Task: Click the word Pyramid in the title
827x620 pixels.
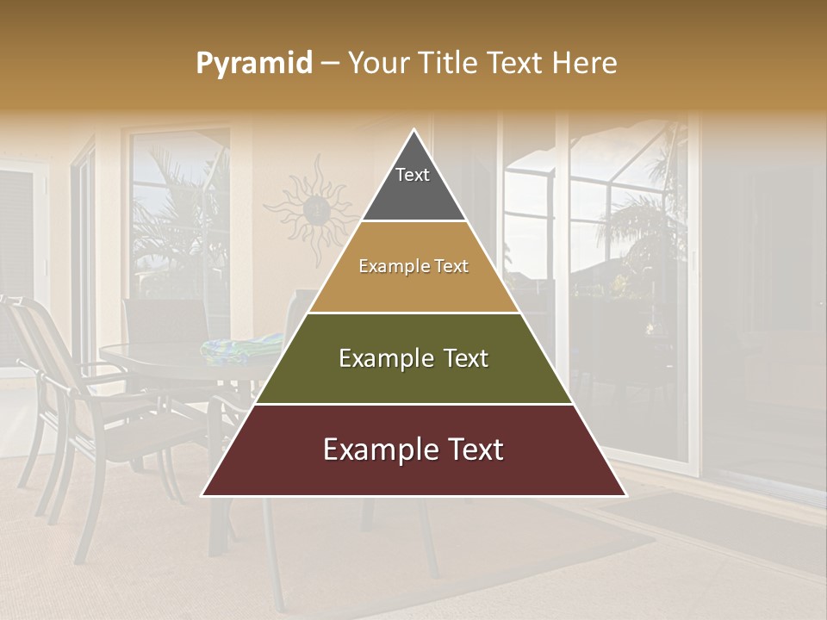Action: [x=254, y=64]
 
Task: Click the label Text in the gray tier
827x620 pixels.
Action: [x=413, y=175]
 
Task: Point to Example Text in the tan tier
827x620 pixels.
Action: [x=413, y=267]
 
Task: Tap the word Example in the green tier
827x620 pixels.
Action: [x=385, y=358]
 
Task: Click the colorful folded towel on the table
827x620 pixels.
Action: [x=241, y=348]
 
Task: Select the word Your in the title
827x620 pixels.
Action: [x=379, y=63]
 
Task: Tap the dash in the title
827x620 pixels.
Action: [x=330, y=64]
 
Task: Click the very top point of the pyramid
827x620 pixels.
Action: [x=413, y=132]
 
